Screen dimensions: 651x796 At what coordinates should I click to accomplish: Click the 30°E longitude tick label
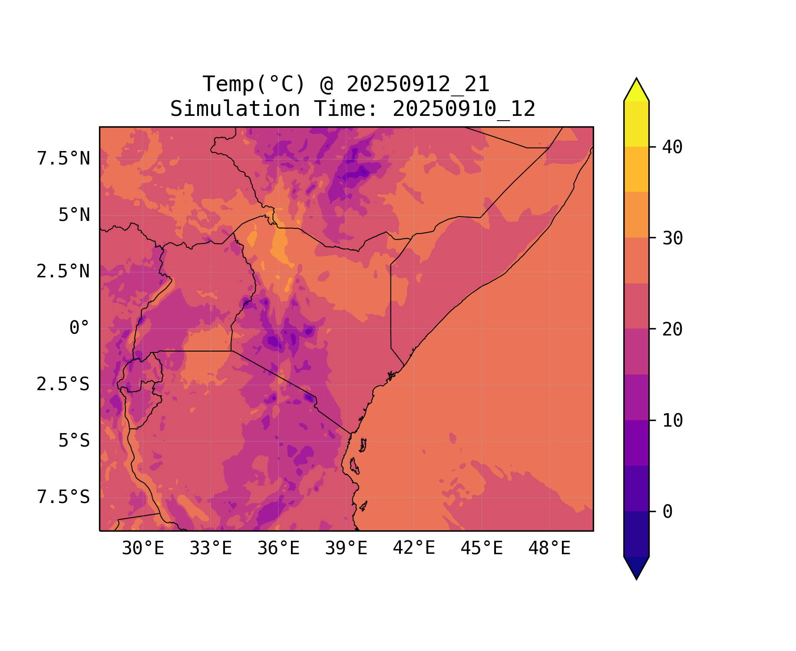tap(143, 549)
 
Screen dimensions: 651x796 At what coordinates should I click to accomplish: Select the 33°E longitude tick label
tap(211, 549)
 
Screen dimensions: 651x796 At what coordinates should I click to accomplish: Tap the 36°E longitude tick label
tap(278, 549)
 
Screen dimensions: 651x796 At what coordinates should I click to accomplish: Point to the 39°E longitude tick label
tap(346, 549)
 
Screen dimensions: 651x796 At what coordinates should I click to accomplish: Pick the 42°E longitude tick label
tap(414, 549)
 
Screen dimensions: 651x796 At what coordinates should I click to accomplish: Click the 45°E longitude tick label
tap(482, 549)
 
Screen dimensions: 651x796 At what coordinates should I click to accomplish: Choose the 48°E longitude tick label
tap(549, 549)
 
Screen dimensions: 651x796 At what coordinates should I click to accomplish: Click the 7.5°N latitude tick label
tap(63, 159)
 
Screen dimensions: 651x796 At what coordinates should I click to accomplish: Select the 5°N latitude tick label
tap(74, 215)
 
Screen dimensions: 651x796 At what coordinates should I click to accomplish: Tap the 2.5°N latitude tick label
tap(63, 272)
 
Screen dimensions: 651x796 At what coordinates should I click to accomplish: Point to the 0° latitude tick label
tap(79, 328)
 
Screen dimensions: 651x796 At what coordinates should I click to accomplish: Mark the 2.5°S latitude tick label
tap(63, 385)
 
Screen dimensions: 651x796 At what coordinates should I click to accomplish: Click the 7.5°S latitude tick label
tap(63, 497)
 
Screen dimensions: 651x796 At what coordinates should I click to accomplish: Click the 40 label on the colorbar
tap(672, 148)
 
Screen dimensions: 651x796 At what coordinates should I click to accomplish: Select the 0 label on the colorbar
tap(667, 512)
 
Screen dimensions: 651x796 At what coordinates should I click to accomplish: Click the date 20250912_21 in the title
tap(418, 84)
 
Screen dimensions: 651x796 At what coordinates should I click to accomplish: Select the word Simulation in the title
tap(235, 109)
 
